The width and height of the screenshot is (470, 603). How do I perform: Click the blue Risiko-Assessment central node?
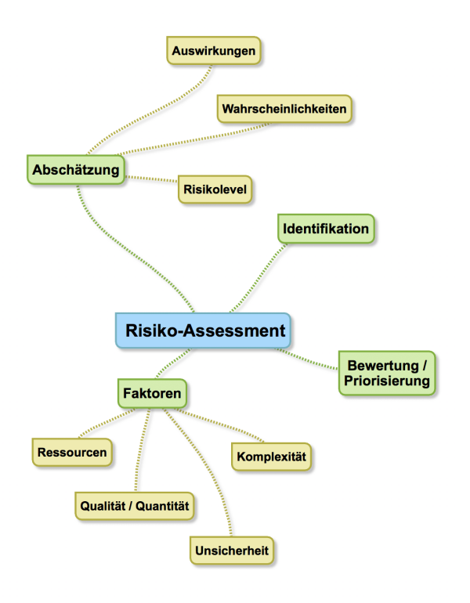click(203, 330)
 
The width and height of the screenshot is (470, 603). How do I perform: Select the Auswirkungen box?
click(214, 50)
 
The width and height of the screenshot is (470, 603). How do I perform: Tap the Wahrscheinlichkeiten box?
click(284, 109)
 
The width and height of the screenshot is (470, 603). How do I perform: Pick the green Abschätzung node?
click(76, 170)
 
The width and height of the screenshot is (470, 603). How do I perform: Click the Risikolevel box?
click(215, 190)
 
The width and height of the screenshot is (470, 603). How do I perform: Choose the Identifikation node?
click(326, 229)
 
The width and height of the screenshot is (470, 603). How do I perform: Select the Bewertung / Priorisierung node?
click(387, 373)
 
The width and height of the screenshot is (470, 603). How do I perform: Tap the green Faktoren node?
click(152, 393)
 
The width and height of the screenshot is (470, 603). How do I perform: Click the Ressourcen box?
click(72, 453)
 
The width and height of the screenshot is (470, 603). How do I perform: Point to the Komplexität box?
click(271, 457)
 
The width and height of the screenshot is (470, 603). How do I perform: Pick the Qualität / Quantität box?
click(134, 506)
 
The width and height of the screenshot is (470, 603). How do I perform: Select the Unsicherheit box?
click(232, 551)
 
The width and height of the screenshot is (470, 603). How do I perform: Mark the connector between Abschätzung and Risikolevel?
click(151, 179)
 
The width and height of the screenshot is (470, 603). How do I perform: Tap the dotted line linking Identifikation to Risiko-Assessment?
click(258, 279)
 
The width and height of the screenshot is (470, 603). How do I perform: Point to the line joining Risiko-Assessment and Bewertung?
click(306, 359)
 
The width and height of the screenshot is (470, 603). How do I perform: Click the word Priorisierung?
click(387, 381)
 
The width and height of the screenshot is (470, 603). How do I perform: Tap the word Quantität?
click(162, 506)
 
